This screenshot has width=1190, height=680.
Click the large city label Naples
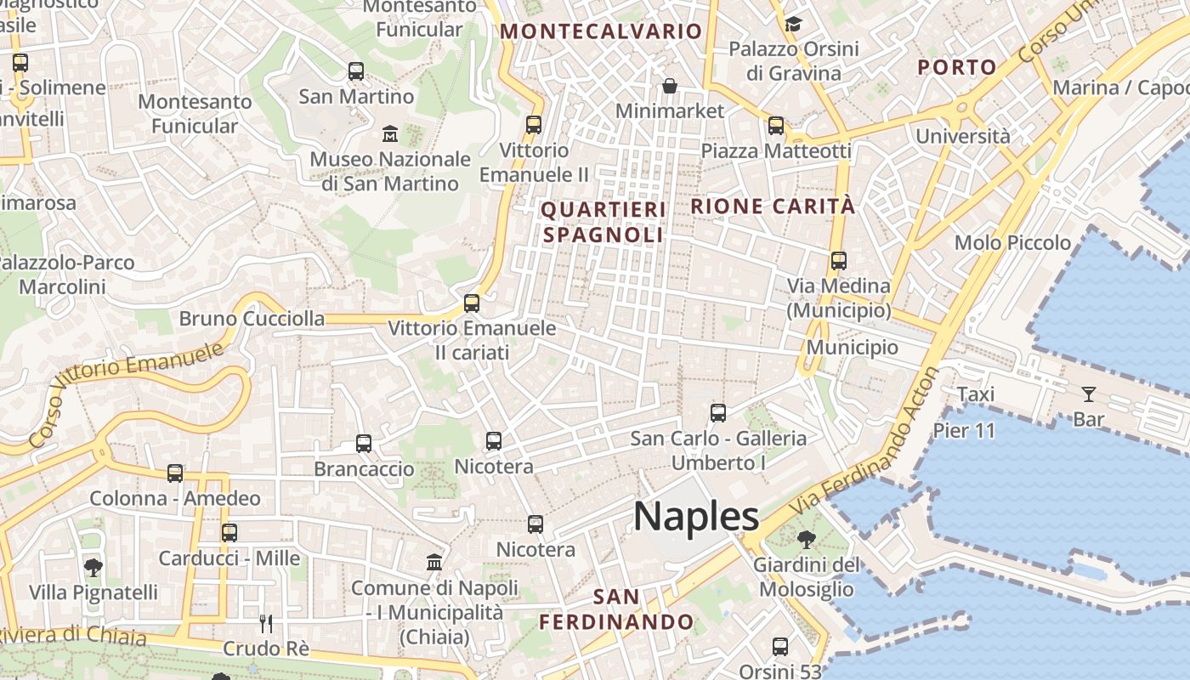coord(696,516)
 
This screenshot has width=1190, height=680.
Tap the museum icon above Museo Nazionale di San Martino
coord(390,134)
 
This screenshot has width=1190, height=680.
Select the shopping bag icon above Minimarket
coord(670,86)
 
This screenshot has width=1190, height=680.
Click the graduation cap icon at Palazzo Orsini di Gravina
coord(793,24)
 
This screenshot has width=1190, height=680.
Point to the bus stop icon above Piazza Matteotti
coord(776,126)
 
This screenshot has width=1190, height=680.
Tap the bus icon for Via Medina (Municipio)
coord(839,261)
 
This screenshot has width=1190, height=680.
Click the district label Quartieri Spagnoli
coord(603,222)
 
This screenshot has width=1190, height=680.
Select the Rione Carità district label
coord(773,206)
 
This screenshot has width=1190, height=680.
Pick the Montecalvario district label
coord(601,31)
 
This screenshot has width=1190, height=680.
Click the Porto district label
coord(957,67)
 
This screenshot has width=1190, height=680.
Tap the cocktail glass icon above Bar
coord(1088,394)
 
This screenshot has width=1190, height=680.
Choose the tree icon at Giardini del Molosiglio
coord(806,539)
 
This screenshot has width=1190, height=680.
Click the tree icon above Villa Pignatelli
coord(93,567)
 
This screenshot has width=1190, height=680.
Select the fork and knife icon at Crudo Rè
coord(266,624)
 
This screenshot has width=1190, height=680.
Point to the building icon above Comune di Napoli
coord(434,562)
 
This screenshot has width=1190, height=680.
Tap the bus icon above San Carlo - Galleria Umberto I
coord(718,413)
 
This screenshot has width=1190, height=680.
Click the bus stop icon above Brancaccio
coord(364,443)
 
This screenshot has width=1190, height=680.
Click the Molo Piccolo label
coord(1012,243)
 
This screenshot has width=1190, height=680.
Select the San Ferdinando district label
coord(616,609)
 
